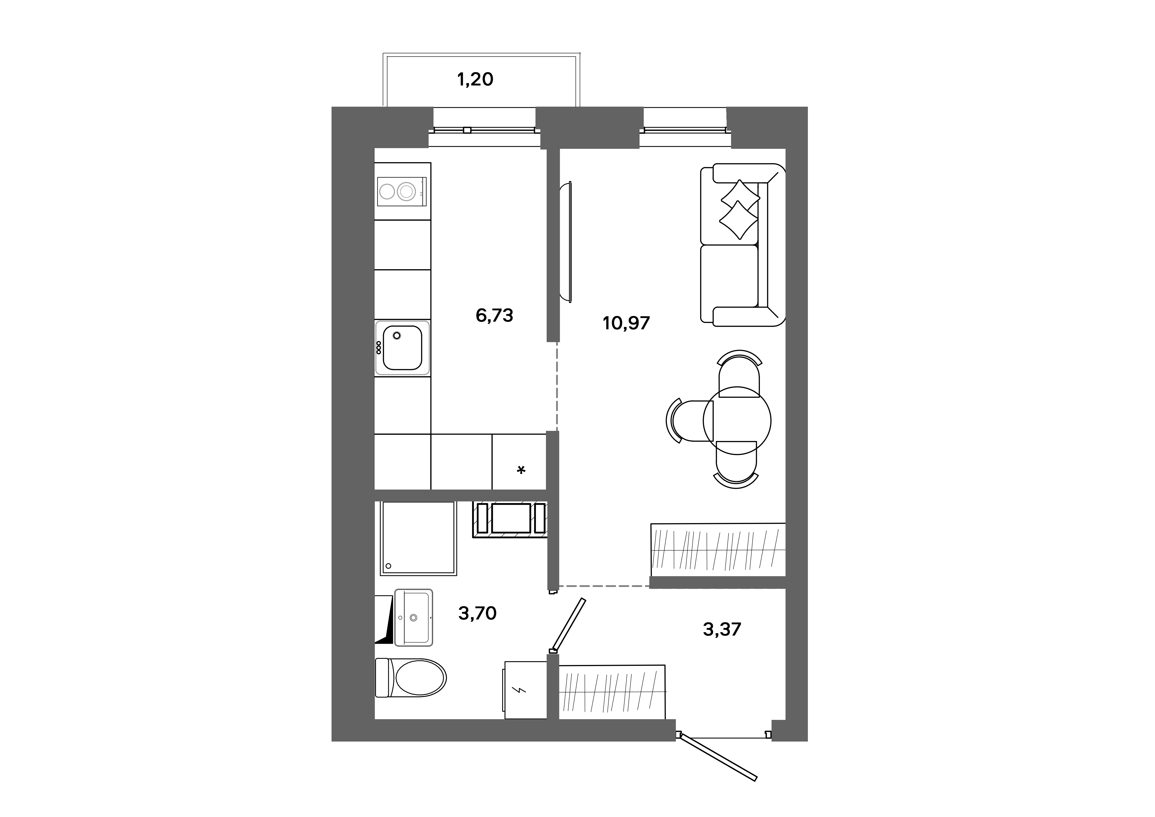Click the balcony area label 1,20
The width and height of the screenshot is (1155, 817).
click(475, 79)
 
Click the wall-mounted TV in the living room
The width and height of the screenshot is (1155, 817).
click(567, 242)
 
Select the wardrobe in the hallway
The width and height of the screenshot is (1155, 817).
click(612, 692)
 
